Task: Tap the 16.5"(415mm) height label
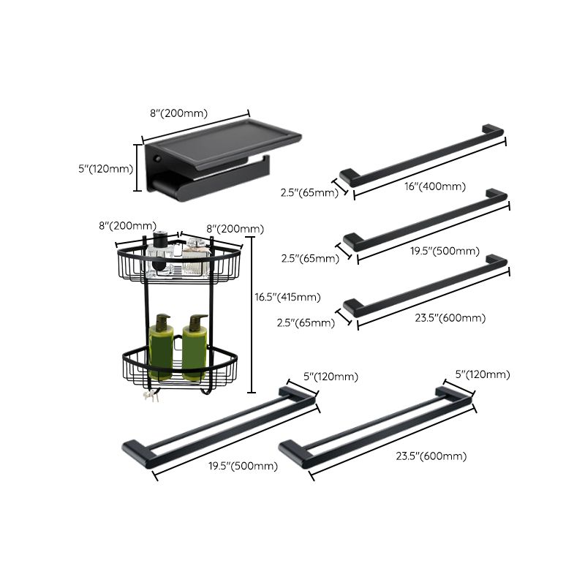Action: click(x=287, y=297)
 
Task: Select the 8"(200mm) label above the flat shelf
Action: click(x=179, y=113)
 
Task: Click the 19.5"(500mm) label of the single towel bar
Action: click(x=445, y=251)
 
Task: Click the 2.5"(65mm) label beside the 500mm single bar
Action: click(x=309, y=258)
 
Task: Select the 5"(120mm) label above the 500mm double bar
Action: click(x=331, y=377)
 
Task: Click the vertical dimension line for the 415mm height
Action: click(x=252, y=314)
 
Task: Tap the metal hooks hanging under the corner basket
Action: click(x=152, y=396)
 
